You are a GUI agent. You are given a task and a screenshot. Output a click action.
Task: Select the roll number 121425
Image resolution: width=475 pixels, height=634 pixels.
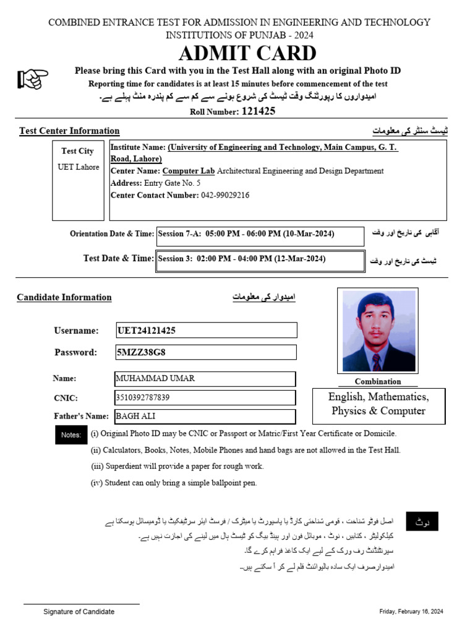click(x=259, y=111)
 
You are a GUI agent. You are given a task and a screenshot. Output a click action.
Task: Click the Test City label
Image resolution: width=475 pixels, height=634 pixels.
click(x=77, y=151)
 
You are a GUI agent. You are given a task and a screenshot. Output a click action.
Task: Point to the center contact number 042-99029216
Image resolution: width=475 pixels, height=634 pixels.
click(x=225, y=195)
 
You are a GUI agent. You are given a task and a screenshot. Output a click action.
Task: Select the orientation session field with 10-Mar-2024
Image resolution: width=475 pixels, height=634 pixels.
click(x=260, y=235)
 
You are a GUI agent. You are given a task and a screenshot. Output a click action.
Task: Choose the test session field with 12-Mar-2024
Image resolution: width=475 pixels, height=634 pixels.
click(x=260, y=259)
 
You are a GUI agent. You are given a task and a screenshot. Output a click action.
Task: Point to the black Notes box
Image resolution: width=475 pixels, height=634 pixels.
click(x=71, y=435)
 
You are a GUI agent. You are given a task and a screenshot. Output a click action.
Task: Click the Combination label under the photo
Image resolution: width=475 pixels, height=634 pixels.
click(x=377, y=382)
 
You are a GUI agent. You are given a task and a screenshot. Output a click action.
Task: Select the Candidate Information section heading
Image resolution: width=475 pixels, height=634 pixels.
click(x=64, y=298)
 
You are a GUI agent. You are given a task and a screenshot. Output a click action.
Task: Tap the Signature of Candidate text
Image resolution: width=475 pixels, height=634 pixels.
click(x=79, y=612)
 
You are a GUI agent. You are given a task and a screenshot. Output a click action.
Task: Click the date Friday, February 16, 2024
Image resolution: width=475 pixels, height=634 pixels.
click(x=411, y=612)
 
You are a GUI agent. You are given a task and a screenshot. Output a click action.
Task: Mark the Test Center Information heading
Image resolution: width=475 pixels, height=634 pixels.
click(x=69, y=131)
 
